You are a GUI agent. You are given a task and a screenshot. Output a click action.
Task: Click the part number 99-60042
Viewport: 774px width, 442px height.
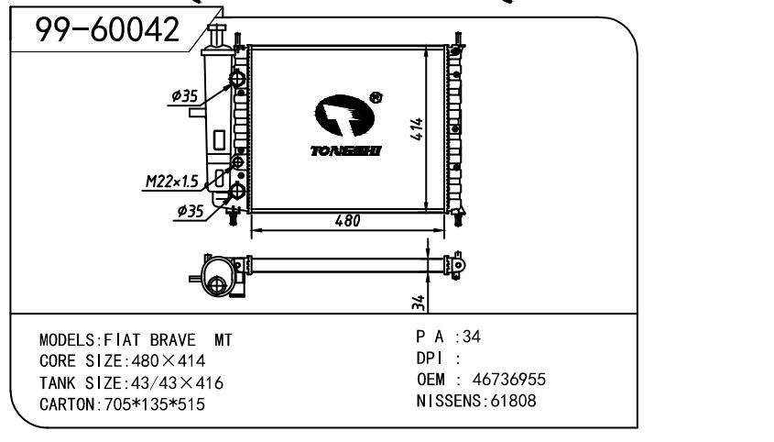coord(107,29)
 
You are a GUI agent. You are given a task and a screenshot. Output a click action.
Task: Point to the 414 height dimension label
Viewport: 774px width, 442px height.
coord(417,129)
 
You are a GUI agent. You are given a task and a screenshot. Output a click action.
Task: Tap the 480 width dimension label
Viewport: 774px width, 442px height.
coord(347,220)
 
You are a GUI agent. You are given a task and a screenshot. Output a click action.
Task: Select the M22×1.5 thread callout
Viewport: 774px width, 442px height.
coord(172,182)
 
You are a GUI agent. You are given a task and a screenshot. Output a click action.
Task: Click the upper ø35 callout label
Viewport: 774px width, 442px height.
coord(185,96)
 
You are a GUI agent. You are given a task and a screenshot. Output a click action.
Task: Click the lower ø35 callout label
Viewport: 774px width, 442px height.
coord(190,211)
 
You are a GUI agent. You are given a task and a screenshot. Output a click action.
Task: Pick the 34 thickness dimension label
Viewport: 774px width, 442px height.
coord(418,302)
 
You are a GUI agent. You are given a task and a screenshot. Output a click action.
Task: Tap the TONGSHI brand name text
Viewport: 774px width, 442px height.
coord(346,150)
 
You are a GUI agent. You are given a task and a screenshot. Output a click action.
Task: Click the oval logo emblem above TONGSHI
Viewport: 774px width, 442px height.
coord(344,116)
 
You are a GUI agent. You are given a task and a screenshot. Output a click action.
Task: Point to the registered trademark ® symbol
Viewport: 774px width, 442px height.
coord(376,97)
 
